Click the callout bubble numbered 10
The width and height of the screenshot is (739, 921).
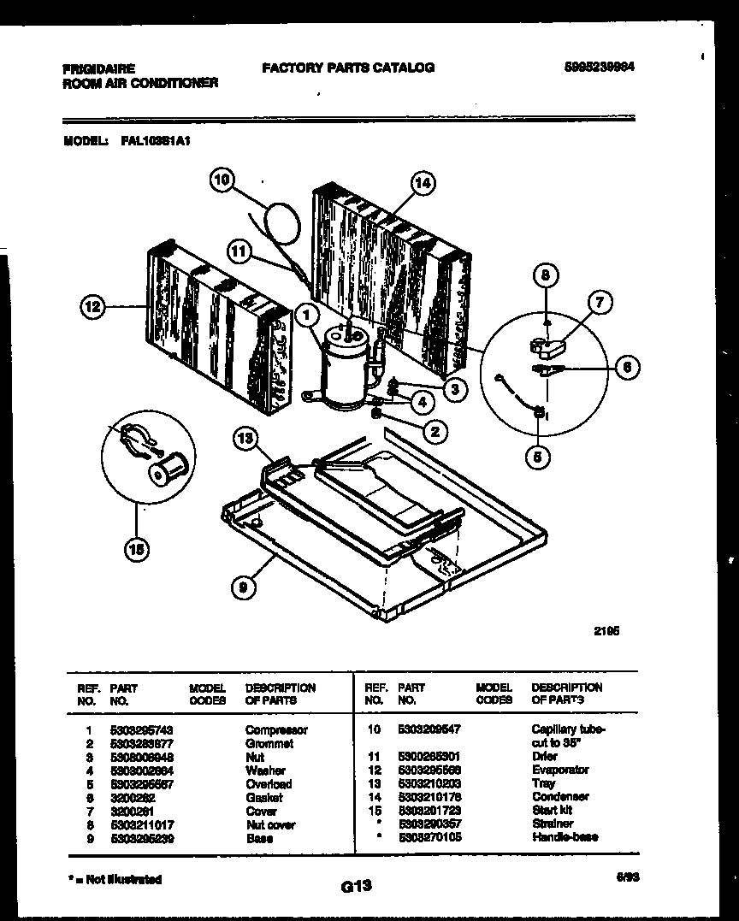pos(222,180)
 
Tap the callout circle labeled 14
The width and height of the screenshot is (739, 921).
pos(422,182)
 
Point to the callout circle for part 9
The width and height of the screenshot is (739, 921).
pos(244,587)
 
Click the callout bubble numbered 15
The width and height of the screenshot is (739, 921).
pos(134,551)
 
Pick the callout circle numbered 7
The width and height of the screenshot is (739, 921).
pos(600,302)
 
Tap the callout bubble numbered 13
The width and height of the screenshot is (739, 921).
pos(245,440)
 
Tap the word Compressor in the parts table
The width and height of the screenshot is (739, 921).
pos(275,730)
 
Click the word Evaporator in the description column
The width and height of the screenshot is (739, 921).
pos(559,770)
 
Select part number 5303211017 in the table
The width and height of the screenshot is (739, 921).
pos(139,825)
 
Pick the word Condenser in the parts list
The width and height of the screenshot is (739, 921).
pos(559,797)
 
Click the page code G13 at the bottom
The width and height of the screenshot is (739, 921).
pos(355,887)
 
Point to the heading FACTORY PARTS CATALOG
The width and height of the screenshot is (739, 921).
pos(347,68)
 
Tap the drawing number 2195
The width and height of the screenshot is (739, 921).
pos(606,632)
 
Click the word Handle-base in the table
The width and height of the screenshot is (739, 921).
pos(565,837)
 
